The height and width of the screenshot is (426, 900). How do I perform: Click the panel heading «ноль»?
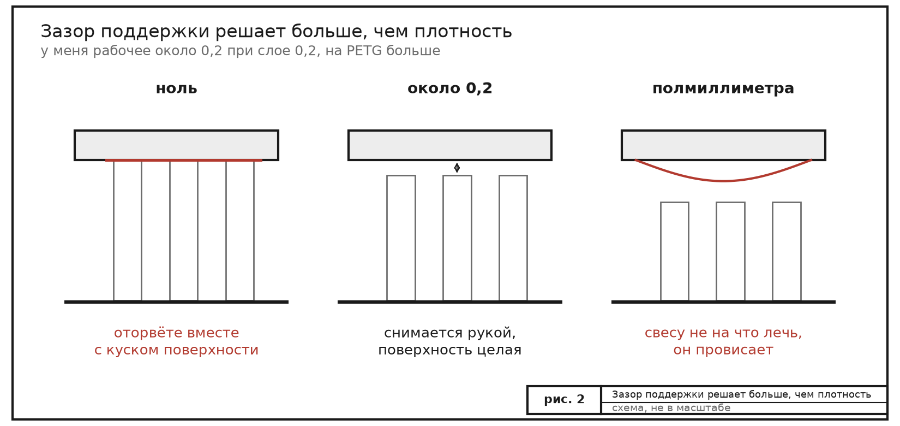coord(176,88)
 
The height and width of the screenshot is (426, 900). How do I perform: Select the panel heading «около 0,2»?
coord(450,88)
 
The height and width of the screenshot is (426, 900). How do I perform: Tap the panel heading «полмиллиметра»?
coord(723,88)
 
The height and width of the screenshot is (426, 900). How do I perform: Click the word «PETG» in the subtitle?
coord(364,51)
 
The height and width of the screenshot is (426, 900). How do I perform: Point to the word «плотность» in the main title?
coord(463,32)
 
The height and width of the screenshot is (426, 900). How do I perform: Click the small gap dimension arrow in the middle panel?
coord(457,168)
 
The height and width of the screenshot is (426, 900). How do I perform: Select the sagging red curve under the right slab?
coord(723,181)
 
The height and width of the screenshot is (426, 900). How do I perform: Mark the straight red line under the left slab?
coord(184,160)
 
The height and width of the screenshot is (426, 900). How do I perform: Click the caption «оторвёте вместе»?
coord(176,333)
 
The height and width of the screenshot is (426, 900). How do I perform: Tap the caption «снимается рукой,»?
coord(450,333)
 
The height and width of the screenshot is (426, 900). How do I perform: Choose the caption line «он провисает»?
coord(723,350)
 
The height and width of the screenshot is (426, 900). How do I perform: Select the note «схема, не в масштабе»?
coord(671,408)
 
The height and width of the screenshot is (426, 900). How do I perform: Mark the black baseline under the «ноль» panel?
coord(176,301)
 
